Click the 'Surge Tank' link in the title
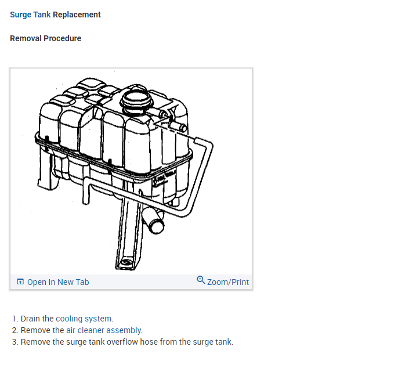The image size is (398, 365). [x=30, y=15]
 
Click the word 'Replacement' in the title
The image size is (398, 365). [x=77, y=15]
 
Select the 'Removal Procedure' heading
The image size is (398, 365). [x=45, y=38]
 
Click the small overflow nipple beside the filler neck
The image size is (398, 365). [x=176, y=125]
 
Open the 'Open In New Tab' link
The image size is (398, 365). [x=58, y=282]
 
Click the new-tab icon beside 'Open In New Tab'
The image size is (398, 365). [x=20, y=282]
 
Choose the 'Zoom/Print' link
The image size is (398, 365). [x=228, y=282]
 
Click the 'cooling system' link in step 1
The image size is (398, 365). [x=84, y=319]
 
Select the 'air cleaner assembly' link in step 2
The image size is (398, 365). [x=104, y=330]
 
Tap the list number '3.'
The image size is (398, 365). [x=15, y=342]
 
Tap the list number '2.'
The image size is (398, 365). [x=15, y=330]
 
